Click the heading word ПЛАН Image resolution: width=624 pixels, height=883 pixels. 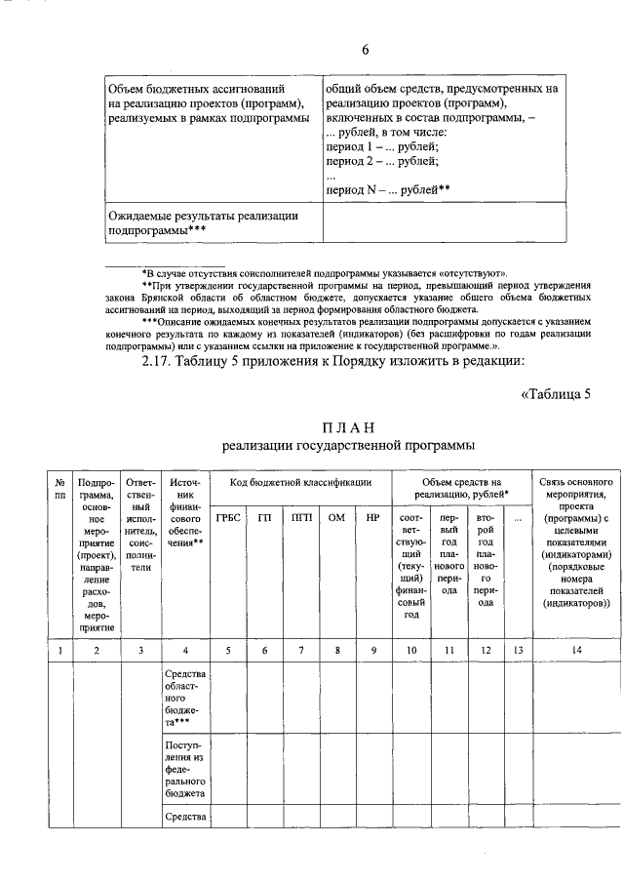point(348,429)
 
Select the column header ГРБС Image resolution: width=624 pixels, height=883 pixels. point(228,517)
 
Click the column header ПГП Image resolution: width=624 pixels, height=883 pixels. point(301,517)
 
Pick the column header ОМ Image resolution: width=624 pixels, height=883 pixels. point(337,517)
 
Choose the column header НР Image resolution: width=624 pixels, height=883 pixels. point(372,517)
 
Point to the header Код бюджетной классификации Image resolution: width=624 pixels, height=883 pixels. point(300,483)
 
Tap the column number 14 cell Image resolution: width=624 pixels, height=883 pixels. point(577,650)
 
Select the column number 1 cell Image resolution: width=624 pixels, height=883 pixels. point(60,650)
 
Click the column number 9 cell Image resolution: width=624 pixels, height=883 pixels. point(372,650)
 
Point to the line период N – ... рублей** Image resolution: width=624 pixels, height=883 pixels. point(387,190)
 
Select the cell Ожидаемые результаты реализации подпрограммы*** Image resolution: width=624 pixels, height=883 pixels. point(203,223)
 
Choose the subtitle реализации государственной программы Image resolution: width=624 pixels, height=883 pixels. point(348,447)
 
